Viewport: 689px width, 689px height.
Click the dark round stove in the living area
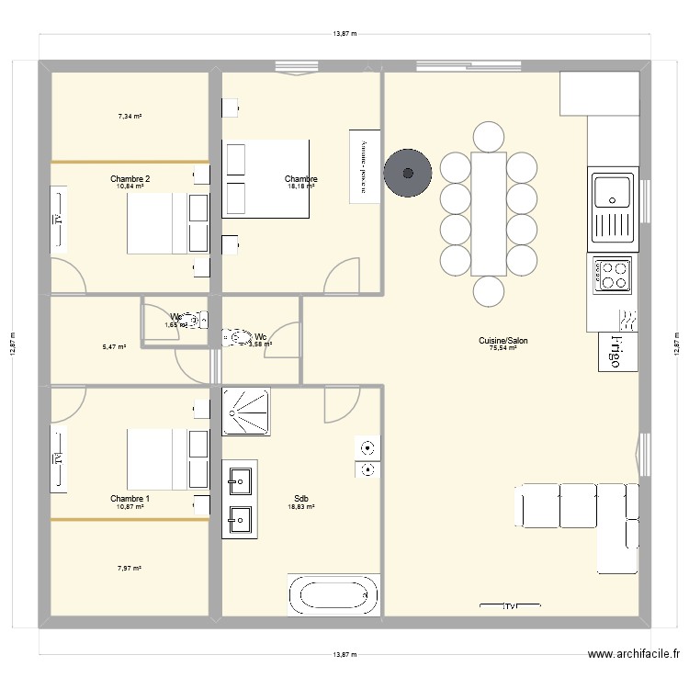pyautogui.click(x=408, y=170)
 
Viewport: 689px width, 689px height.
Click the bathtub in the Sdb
pyautogui.click(x=333, y=595)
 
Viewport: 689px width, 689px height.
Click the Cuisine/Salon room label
pyautogui.click(x=503, y=340)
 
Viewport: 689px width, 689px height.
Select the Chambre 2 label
pyautogui.click(x=130, y=178)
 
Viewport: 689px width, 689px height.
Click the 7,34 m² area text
pyautogui.click(x=130, y=117)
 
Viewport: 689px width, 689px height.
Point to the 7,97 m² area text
pyautogui.click(x=130, y=569)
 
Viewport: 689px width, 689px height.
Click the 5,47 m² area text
pyautogui.click(x=114, y=347)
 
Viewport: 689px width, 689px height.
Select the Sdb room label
pyautogui.click(x=301, y=498)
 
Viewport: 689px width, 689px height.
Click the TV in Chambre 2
pyautogui.click(x=58, y=219)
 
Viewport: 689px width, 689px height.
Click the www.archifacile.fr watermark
pyautogui.click(x=631, y=655)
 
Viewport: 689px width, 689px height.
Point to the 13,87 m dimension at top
pyautogui.click(x=344, y=34)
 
